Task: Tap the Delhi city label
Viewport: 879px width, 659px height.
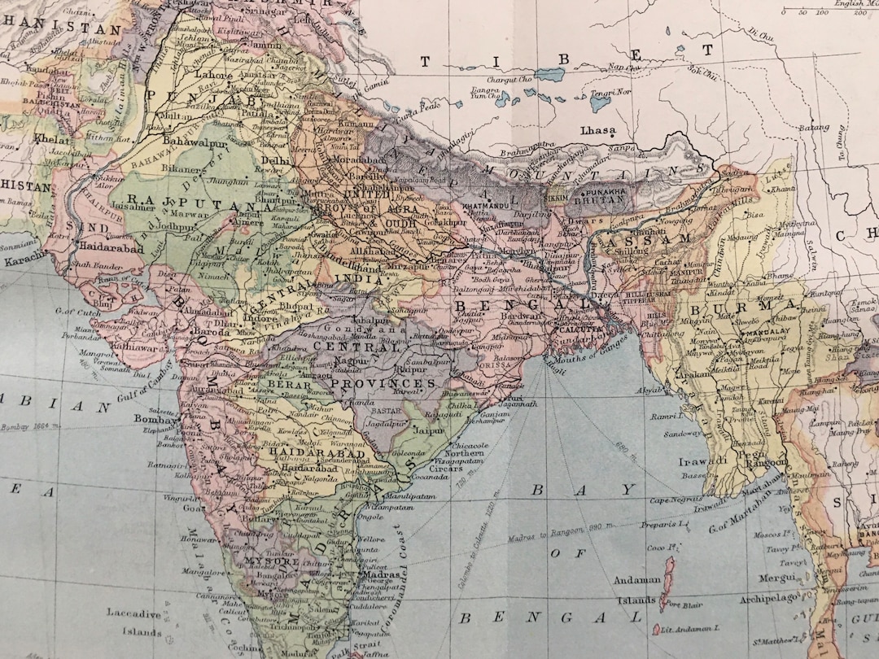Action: click(277, 161)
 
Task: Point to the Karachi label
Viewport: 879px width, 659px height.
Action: click(21, 263)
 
